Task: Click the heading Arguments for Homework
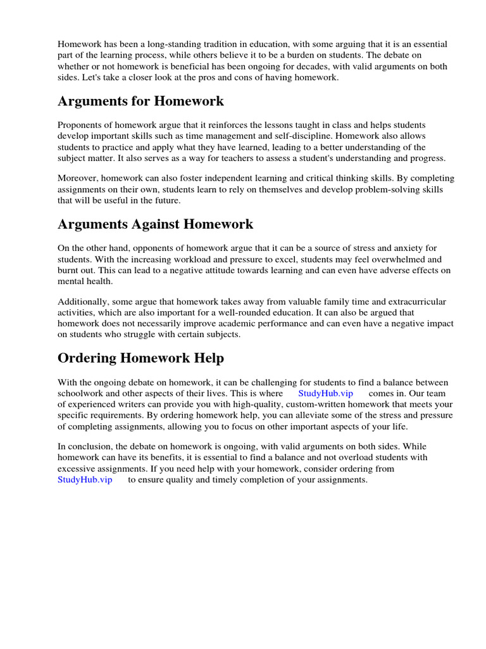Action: (x=140, y=101)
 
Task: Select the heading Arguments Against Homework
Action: (x=155, y=224)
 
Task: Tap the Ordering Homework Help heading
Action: (x=140, y=358)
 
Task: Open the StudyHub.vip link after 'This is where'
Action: (x=325, y=394)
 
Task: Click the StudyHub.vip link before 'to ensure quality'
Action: (x=85, y=480)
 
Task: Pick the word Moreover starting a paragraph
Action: (x=77, y=177)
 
